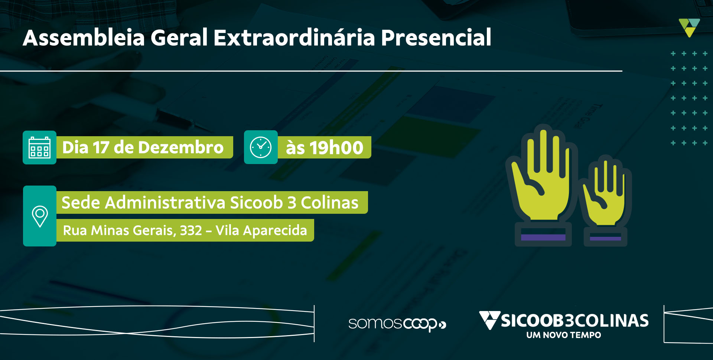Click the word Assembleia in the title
tap(84, 37)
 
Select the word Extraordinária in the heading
tap(294, 37)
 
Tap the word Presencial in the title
tap(436, 37)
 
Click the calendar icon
tap(39, 147)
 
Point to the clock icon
tap(261, 147)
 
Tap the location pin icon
tap(40, 216)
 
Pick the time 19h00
tap(336, 148)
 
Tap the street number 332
tap(191, 230)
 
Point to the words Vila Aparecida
tap(261, 230)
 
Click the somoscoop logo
tap(397, 324)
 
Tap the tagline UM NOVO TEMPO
tap(563, 335)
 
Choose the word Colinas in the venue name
tap(329, 203)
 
